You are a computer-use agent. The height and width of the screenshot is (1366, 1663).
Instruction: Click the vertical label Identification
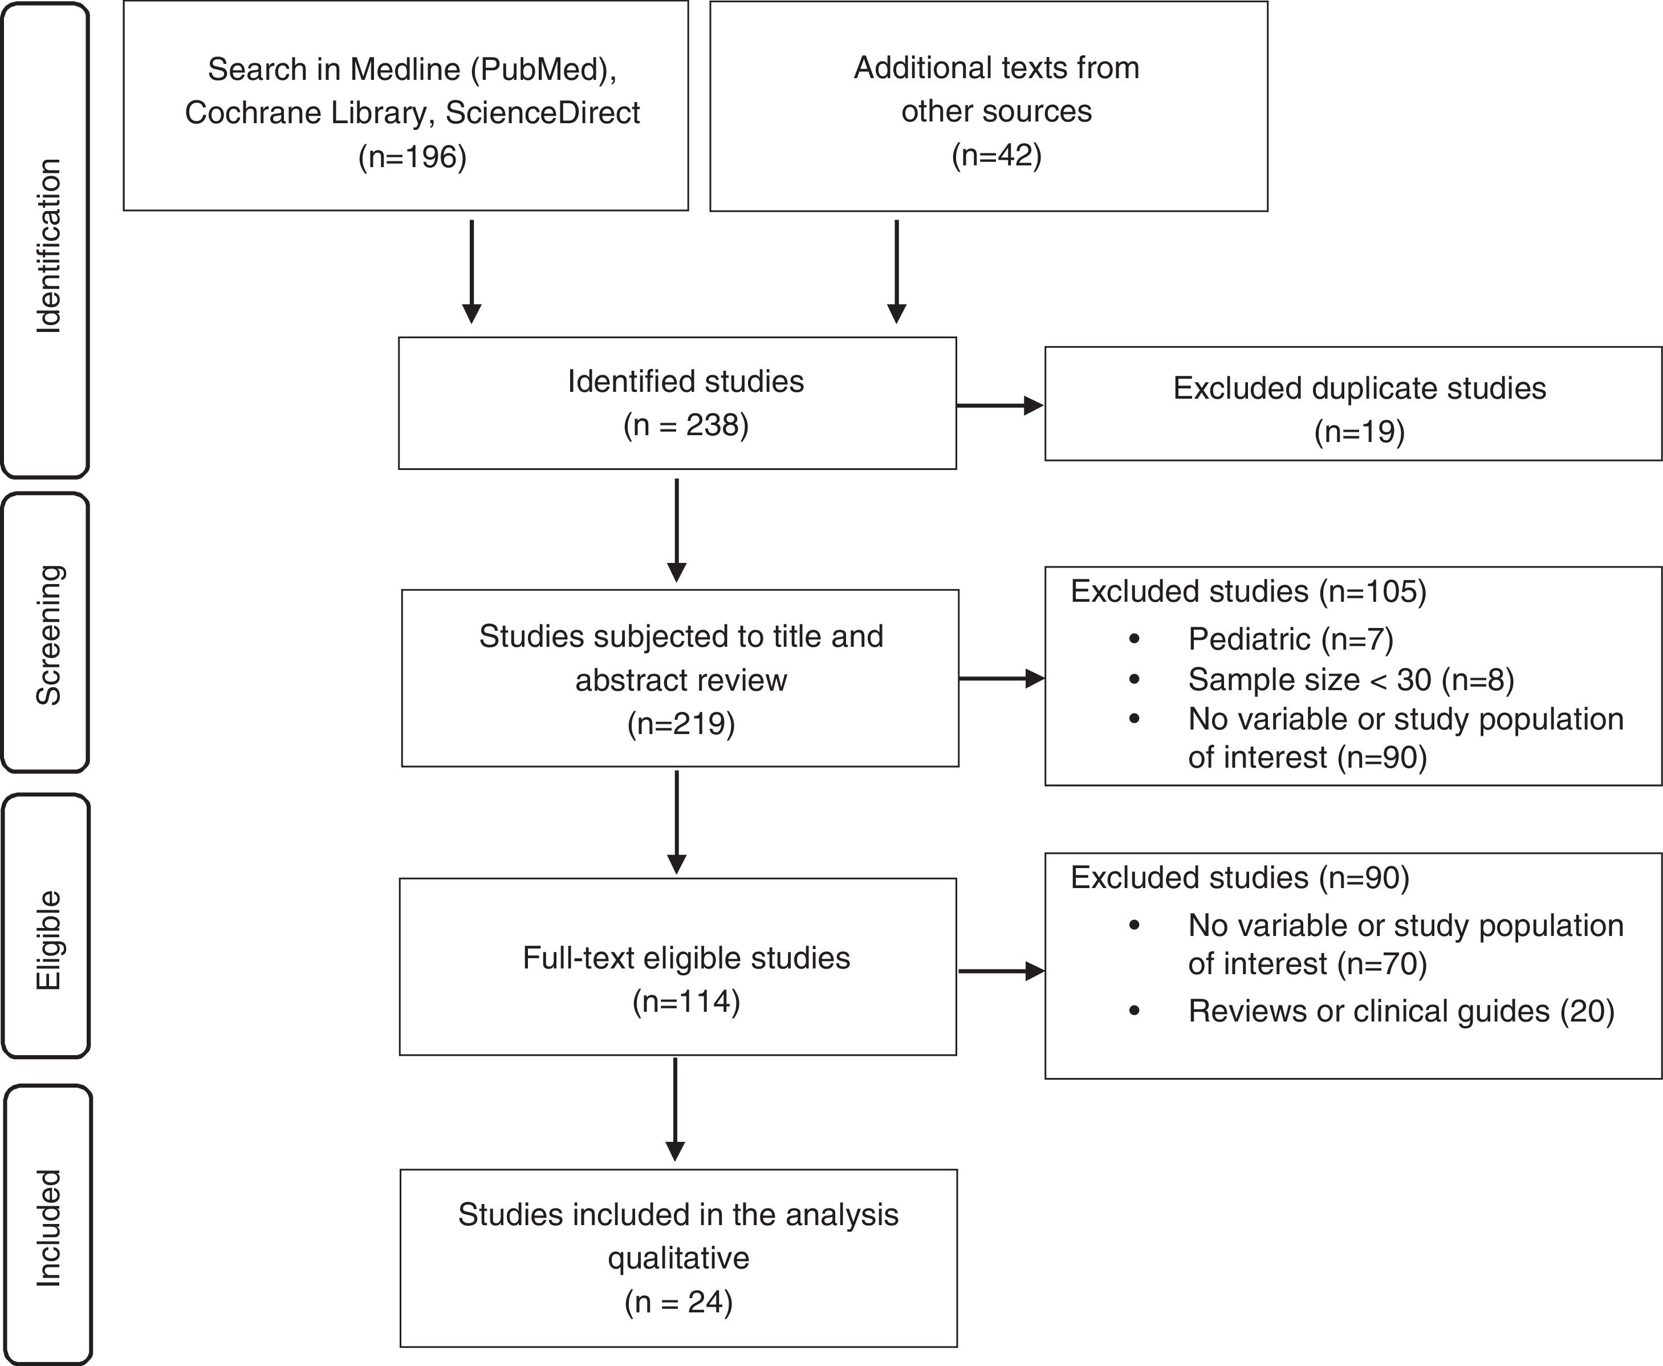click(x=48, y=245)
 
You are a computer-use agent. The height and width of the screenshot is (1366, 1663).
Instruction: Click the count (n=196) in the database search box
click(x=412, y=157)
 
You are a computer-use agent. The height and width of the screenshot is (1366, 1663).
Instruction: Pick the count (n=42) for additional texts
click(x=996, y=155)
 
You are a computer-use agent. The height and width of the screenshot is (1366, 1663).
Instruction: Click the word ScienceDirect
click(x=542, y=112)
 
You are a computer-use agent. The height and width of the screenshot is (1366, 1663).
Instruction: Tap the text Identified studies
click(x=685, y=382)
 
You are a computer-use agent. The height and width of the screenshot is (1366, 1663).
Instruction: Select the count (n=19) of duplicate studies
click(x=1359, y=431)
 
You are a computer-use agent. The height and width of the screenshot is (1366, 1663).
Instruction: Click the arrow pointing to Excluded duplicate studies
click(x=999, y=406)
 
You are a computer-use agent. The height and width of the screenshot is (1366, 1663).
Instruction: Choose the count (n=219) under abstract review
click(x=681, y=723)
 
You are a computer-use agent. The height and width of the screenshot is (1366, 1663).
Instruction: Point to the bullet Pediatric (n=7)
click(x=1290, y=639)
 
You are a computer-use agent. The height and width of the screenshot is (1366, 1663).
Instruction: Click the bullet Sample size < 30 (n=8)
click(x=1351, y=680)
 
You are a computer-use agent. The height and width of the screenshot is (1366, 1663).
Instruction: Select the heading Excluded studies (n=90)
click(x=1240, y=877)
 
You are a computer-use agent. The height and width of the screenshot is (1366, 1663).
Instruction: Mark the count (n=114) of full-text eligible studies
click(x=686, y=1002)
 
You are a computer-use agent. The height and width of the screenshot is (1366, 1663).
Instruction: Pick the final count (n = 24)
click(x=678, y=1302)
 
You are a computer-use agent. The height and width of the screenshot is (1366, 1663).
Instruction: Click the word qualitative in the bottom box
click(x=678, y=1258)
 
